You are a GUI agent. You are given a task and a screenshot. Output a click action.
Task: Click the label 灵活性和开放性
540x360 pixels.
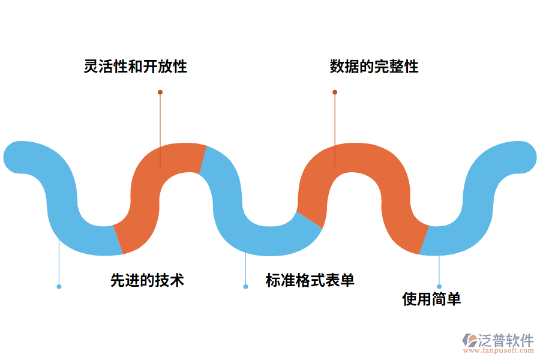[x=136, y=66]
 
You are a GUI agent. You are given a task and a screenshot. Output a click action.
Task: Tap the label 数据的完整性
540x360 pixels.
[x=374, y=66]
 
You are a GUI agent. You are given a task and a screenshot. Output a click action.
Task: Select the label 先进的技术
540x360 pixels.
[x=147, y=280]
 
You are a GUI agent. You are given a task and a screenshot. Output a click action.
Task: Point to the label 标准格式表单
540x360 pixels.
[x=310, y=280]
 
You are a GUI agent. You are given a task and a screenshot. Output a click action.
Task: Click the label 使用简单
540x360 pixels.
[x=431, y=299]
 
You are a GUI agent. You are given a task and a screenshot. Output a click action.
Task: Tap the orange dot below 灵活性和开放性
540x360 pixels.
[x=160, y=92]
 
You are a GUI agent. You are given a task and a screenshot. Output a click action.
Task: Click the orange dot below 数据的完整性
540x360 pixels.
[x=335, y=92]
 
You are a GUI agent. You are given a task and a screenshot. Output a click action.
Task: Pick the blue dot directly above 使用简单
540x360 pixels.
[x=439, y=287]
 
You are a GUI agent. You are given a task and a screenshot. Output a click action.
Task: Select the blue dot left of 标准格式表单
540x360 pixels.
[x=245, y=287]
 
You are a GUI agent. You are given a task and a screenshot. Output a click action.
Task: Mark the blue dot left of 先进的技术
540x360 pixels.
[x=59, y=287]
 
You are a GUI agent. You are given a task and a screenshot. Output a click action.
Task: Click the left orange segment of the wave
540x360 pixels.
[x=150, y=192]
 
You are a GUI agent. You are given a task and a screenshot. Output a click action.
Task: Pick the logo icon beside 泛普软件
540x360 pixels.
[x=469, y=340]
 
